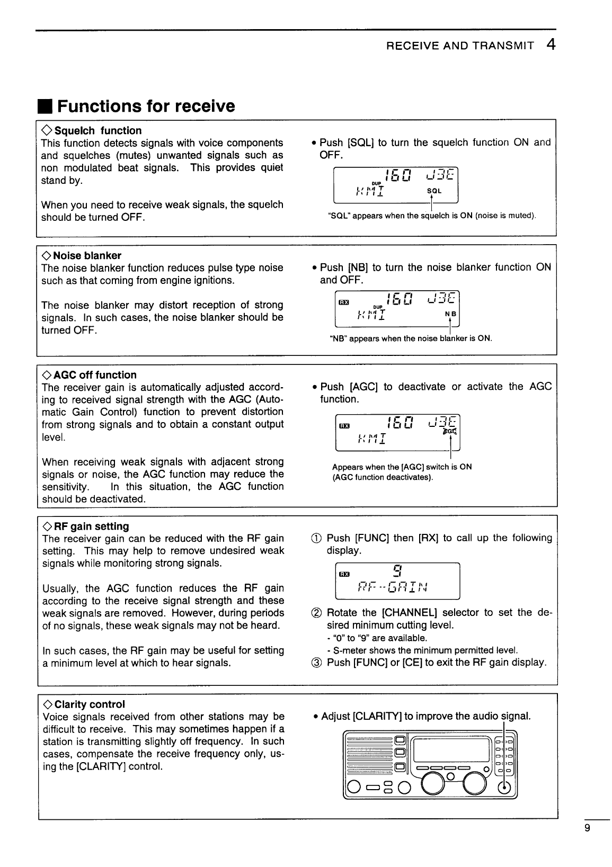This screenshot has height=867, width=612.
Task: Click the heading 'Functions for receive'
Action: [146, 106]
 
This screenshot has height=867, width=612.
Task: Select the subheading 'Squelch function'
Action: [98, 130]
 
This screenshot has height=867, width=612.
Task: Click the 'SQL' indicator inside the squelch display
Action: [433, 191]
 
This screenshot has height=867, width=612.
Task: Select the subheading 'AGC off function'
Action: [95, 374]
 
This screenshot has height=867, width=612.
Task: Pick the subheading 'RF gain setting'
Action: [92, 526]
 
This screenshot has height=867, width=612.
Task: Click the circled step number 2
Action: [315, 613]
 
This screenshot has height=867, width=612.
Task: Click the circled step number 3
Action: [315, 663]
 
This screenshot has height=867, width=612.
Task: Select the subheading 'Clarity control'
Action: [90, 704]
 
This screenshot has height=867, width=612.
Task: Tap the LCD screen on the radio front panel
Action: [451, 750]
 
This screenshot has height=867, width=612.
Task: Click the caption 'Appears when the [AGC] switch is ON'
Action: [402, 467]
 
